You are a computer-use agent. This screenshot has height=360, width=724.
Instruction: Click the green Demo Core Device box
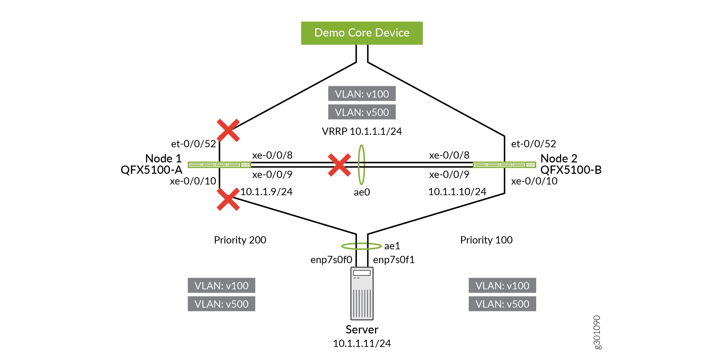tap(362, 33)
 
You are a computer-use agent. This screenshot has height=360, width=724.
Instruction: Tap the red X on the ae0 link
tap(339, 165)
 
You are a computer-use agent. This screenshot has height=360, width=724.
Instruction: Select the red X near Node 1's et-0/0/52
tap(228, 130)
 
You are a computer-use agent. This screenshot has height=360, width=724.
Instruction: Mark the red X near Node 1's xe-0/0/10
tap(228, 199)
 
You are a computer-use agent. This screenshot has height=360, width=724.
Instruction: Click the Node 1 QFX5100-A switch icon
tap(219, 165)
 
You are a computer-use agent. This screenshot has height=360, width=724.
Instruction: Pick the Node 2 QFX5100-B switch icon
tap(504, 165)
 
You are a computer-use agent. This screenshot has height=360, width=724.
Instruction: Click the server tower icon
tap(362, 293)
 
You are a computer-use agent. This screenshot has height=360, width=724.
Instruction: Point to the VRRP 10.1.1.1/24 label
tap(362, 131)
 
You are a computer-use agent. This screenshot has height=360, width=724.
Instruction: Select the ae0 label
tap(362, 192)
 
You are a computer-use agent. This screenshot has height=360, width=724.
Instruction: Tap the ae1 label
tap(392, 246)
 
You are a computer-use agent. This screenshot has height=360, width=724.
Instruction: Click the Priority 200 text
tap(240, 240)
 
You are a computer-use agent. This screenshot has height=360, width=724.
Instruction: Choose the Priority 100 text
tap(486, 240)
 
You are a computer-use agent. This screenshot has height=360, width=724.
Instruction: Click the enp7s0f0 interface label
tap(331, 260)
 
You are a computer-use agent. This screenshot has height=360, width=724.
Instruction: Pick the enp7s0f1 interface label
tap(394, 260)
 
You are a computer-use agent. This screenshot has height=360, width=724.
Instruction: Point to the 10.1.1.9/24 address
tap(266, 192)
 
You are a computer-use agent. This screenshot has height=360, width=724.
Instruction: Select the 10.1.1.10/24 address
tap(457, 192)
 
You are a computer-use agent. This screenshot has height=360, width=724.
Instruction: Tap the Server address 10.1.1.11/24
tap(362, 343)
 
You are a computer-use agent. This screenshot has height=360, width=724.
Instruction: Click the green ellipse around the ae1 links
tap(345, 246)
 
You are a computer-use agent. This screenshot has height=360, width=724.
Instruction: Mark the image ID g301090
tap(597, 332)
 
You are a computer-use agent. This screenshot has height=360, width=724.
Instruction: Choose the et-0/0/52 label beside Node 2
tap(533, 144)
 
